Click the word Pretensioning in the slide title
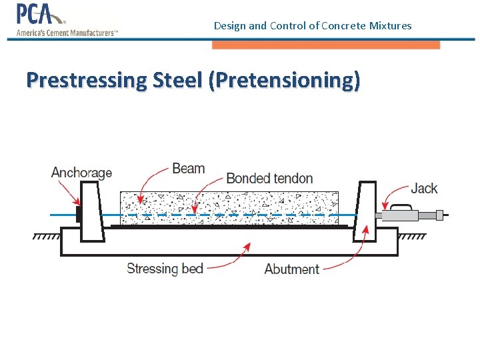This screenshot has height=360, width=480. coord(284,81)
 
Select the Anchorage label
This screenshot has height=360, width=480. coord(81,173)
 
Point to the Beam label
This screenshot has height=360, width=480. coord(188,168)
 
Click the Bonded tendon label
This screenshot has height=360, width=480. coord(269,178)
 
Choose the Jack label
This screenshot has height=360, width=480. coord(424,188)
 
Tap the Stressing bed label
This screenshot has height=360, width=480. coord(165,269)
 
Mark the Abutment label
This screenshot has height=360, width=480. coord(291,269)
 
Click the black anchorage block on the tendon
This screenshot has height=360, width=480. coord(79,215)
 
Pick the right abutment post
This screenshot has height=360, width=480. coord(365,212)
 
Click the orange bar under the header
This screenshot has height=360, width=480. coord(325,45)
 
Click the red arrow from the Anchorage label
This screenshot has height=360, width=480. coord(71,193)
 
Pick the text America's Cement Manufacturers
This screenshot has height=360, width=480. coord(66,32)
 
